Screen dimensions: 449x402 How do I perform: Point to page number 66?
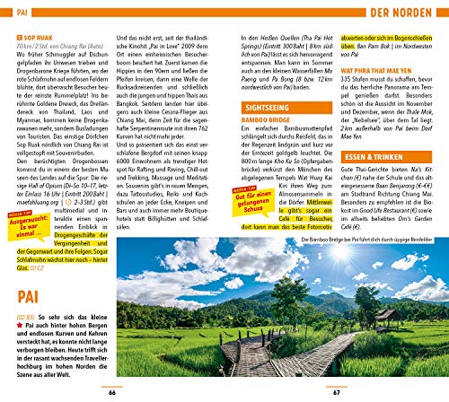[x=111, y=392]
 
